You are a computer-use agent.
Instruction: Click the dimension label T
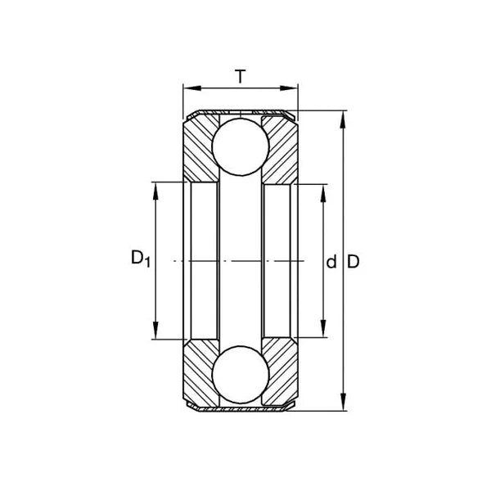[240, 77]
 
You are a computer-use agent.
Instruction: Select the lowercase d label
[331, 262]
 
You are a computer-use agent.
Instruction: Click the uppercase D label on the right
[354, 262]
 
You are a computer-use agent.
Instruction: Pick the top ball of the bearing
[241, 146]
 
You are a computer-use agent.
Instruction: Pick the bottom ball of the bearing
[241, 374]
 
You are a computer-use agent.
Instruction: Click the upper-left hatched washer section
[199, 151]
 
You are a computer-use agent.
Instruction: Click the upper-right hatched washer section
[282, 151]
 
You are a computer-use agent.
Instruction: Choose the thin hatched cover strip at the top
[241, 112]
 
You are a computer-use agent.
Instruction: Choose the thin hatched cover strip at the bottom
[241, 408]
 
